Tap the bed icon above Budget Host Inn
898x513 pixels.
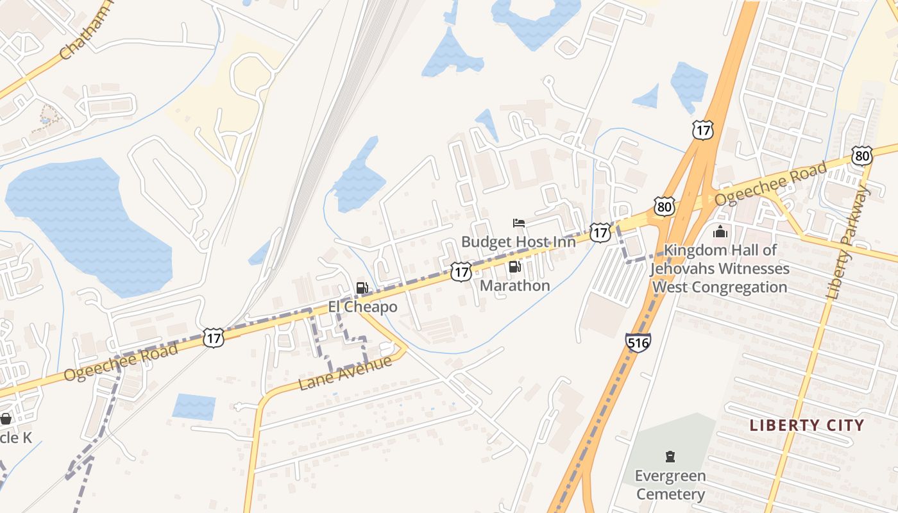pyautogui.click(x=519, y=223)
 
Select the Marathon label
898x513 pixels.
pyautogui.click(x=514, y=285)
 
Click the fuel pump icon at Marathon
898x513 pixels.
pyautogui.click(x=514, y=267)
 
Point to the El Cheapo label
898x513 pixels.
pyautogui.click(x=362, y=307)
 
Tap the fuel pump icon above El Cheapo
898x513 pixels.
pyautogui.click(x=362, y=288)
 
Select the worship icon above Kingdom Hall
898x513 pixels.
pyautogui.click(x=720, y=231)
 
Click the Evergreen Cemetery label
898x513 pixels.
pyautogui.click(x=670, y=485)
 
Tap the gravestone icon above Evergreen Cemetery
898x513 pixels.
pyautogui.click(x=670, y=457)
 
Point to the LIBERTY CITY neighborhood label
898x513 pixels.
pyautogui.click(x=807, y=425)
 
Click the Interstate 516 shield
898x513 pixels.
pyautogui.click(x=638, y=342)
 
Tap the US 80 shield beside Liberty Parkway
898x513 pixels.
pyautogui.click(x=862, y=156)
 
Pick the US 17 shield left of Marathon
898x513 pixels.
pyautogui.click(x=461, y=271)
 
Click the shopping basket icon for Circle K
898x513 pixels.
pyautogui.click(x=6, y=419)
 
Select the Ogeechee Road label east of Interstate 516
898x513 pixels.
pyautogui.click(x=770, y=183)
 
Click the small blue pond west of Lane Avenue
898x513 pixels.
pyautogui.click(x=194, y=407)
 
